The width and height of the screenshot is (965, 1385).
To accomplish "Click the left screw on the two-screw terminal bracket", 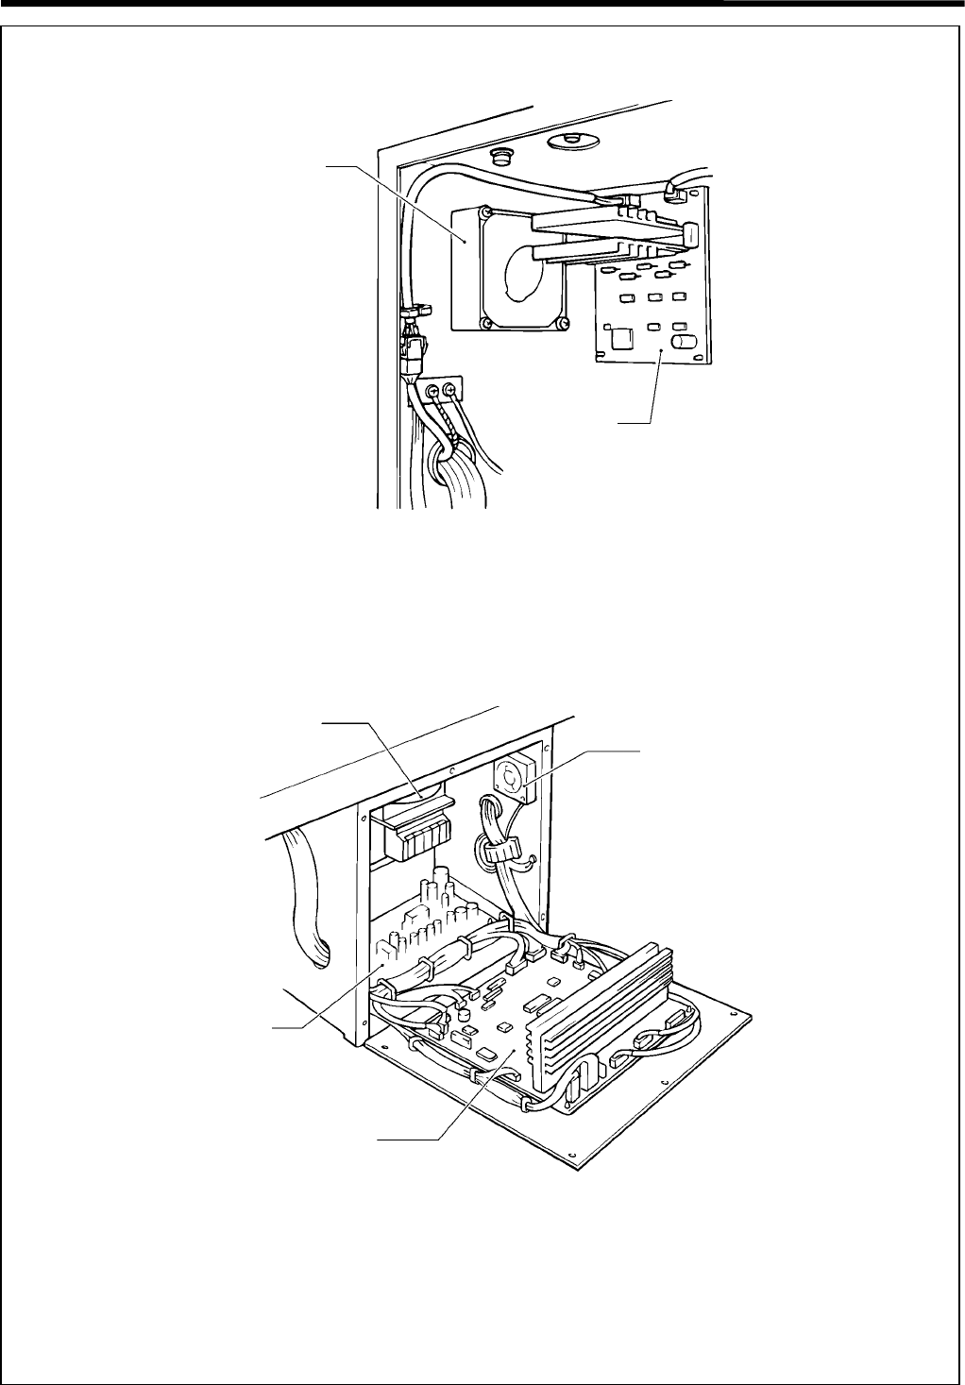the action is (433, 390).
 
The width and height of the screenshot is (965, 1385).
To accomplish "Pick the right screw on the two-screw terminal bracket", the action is (449, 389).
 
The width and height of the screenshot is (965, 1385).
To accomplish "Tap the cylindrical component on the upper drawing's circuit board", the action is (683, 339).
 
